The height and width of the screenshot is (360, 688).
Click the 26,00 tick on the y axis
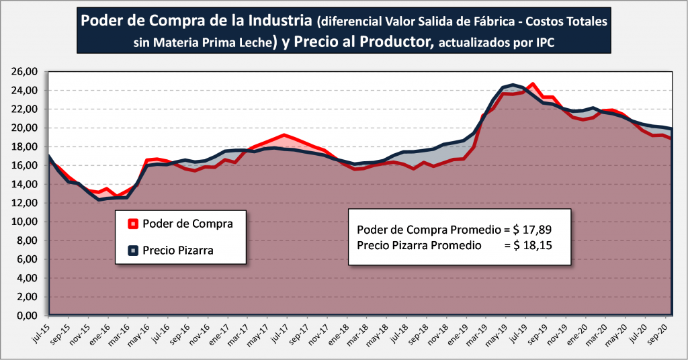click(24, 71)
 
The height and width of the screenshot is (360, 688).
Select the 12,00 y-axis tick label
click(24, 203)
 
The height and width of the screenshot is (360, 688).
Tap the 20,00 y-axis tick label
click(24, 128)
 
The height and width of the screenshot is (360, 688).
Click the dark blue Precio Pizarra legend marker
click(133, 251)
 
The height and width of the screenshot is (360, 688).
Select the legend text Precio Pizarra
click(178, 251)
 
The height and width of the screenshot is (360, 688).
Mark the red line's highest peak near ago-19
click(532, 84)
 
